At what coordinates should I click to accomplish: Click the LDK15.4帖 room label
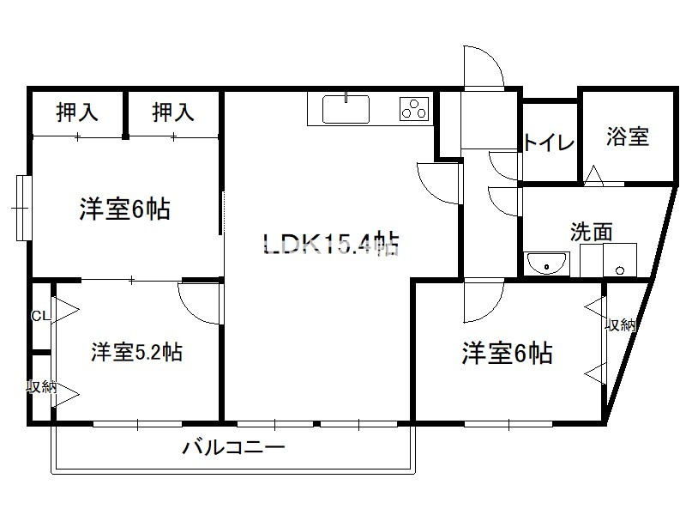click(x=331, y=244)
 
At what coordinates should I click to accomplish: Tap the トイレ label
click(x=549, y=142)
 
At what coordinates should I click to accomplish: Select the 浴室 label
click(x=628, y=136)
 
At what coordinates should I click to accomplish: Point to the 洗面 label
click(x=591, y=232)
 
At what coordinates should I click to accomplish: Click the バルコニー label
click(x=233, y=447)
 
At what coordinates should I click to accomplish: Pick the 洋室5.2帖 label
click(x=136, y=352)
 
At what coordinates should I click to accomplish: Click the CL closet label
click(x=41, y=316)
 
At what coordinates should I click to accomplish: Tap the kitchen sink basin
click(x=346, y=110)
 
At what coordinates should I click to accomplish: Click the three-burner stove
click(x=414, y=108)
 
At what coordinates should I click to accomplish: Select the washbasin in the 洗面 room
click(x=546, y=264)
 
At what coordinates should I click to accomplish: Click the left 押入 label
click(x=77, y=112)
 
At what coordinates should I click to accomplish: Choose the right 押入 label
click(x=173, y=112)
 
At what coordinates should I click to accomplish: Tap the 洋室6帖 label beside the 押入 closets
click(x=124, y=209)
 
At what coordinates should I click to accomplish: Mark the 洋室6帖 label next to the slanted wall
click(x=507, y=353)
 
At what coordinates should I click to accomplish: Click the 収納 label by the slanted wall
click(x=620, y=325)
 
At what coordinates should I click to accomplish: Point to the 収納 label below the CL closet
click(x=41, y=387)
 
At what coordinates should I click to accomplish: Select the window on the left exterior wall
click(x=24, y=208)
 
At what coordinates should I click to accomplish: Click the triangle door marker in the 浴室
click(x=593, y=175)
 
